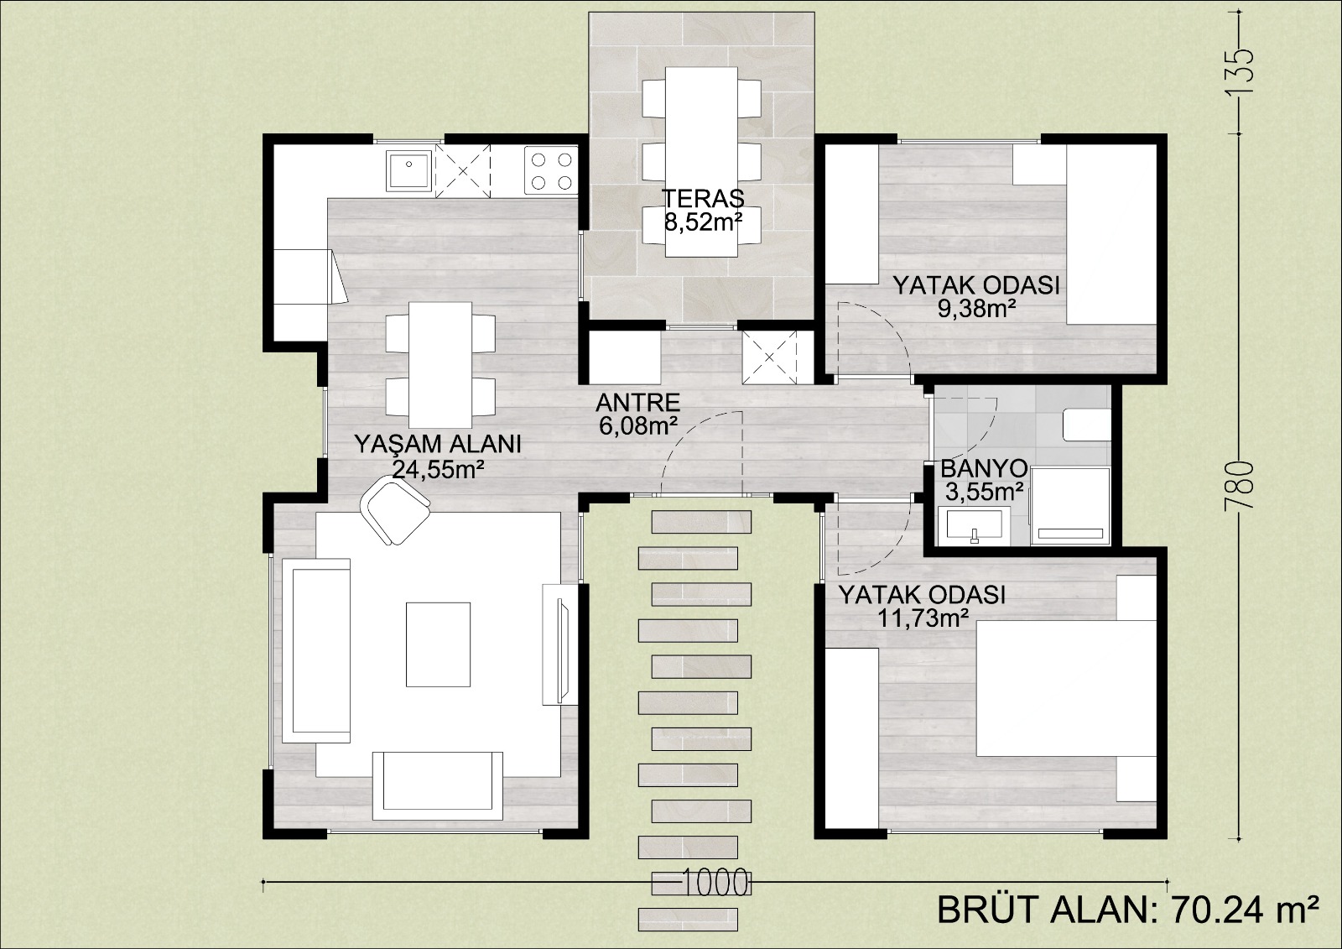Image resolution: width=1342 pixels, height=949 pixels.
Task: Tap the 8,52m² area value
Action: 704,222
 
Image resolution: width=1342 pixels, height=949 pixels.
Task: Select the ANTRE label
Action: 638,403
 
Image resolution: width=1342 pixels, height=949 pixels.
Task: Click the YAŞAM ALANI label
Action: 438,445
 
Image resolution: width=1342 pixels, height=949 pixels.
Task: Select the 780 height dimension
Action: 1241,486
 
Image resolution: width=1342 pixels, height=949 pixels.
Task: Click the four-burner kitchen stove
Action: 551,171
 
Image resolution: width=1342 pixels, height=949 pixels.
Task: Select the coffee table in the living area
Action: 438,644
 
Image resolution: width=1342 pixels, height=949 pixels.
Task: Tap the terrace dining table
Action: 701,161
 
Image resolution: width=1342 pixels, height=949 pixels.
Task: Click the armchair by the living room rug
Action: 395,509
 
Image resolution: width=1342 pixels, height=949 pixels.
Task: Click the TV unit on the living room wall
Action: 561,644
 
